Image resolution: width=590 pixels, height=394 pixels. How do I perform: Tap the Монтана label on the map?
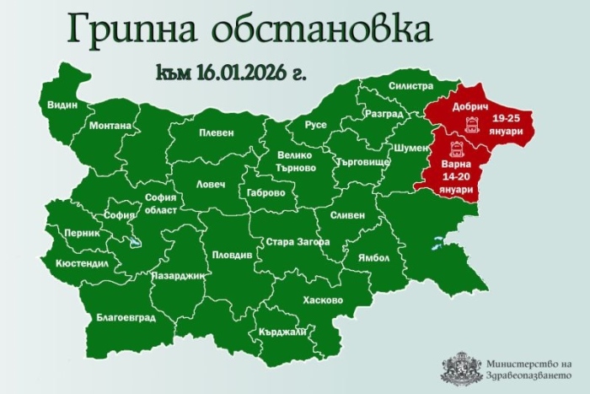pyautogui.click(x=110, y=126)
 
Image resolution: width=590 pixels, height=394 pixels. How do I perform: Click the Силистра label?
pyautogui.click(x=410, y=86)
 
